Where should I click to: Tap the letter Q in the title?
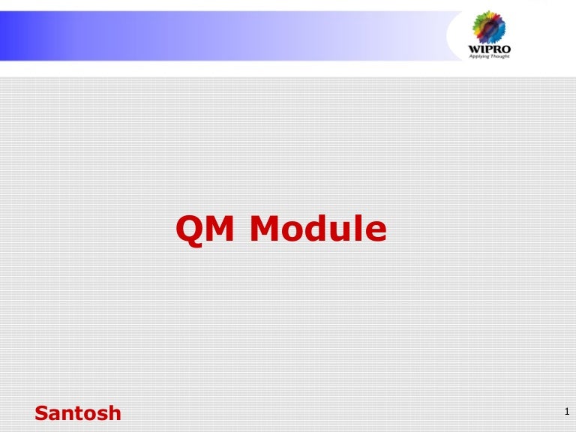[187, 229]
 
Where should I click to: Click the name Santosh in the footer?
[78, 412]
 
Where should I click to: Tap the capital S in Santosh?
[42, 412]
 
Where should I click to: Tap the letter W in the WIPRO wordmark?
[474, 50]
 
